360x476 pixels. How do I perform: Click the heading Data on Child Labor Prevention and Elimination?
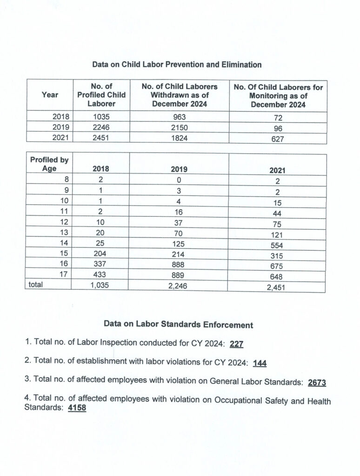pyautogui.click(x=177, y=65)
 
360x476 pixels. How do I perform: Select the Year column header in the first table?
pyautogui.click(x=50, y=94)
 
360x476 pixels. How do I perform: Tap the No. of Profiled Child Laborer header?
pyautogui.click(x=102, y=95)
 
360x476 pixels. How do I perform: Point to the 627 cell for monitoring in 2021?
pyautogui.click(x=278, y=138)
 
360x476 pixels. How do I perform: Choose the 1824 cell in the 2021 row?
pyautogui.click(x=179, y=138)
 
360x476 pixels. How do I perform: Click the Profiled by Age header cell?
pyautogui.click(x=49, y=165)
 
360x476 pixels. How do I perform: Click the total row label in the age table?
pyautogui.click(x=36, y=285)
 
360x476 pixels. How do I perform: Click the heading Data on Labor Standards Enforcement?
pyautogui.click(x=178, y=324)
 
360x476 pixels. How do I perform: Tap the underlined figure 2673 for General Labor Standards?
pyautogui.click(x=317, y=383)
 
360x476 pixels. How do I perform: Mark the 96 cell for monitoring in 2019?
pyautogui.click(x=278, y=128)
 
